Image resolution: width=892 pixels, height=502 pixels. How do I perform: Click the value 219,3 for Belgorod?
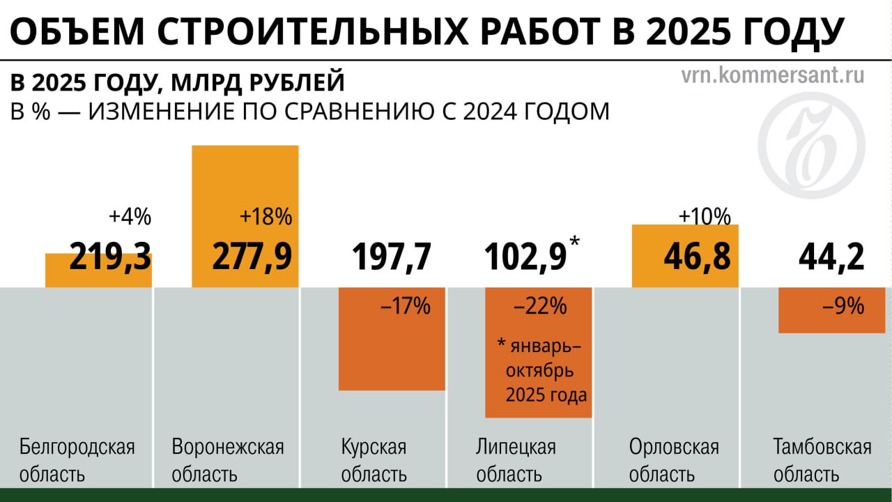111,257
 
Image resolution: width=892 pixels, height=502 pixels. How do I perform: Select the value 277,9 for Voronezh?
252,257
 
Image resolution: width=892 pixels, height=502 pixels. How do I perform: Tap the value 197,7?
392,257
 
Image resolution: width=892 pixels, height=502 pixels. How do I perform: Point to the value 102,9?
526,257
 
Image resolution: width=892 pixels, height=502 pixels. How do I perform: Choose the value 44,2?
831,257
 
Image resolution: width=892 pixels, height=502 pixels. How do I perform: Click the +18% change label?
266,217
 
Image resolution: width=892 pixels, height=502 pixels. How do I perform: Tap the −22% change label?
540,306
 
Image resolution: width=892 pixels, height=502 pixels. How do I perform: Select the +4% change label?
130,217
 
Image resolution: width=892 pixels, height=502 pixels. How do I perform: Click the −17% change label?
406,306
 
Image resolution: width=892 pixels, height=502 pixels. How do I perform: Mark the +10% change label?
705,216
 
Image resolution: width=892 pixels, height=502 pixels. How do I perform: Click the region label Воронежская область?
228,460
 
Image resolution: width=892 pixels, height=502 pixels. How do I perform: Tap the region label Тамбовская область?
822,460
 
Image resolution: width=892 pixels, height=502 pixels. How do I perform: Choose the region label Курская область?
374,460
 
